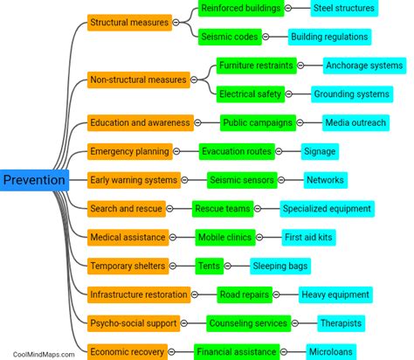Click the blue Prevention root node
click(34, 180)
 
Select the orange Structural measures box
click(128, 23)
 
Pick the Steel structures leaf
click(343, 9)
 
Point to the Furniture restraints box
click(256, 66)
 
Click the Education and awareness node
click(139, 123)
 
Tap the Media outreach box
click(355, 123)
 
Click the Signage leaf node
click(319, 151)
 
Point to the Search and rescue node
click(126, 208)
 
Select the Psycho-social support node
click(134, 322)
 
